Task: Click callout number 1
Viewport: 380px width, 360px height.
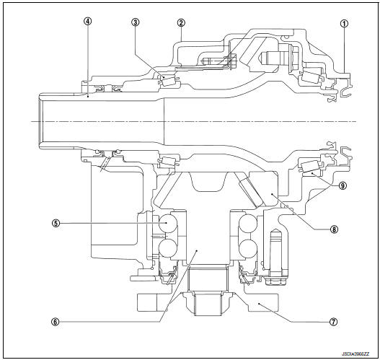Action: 344,22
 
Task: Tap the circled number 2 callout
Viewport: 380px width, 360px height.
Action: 180,22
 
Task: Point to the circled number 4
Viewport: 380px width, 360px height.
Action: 87,22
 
